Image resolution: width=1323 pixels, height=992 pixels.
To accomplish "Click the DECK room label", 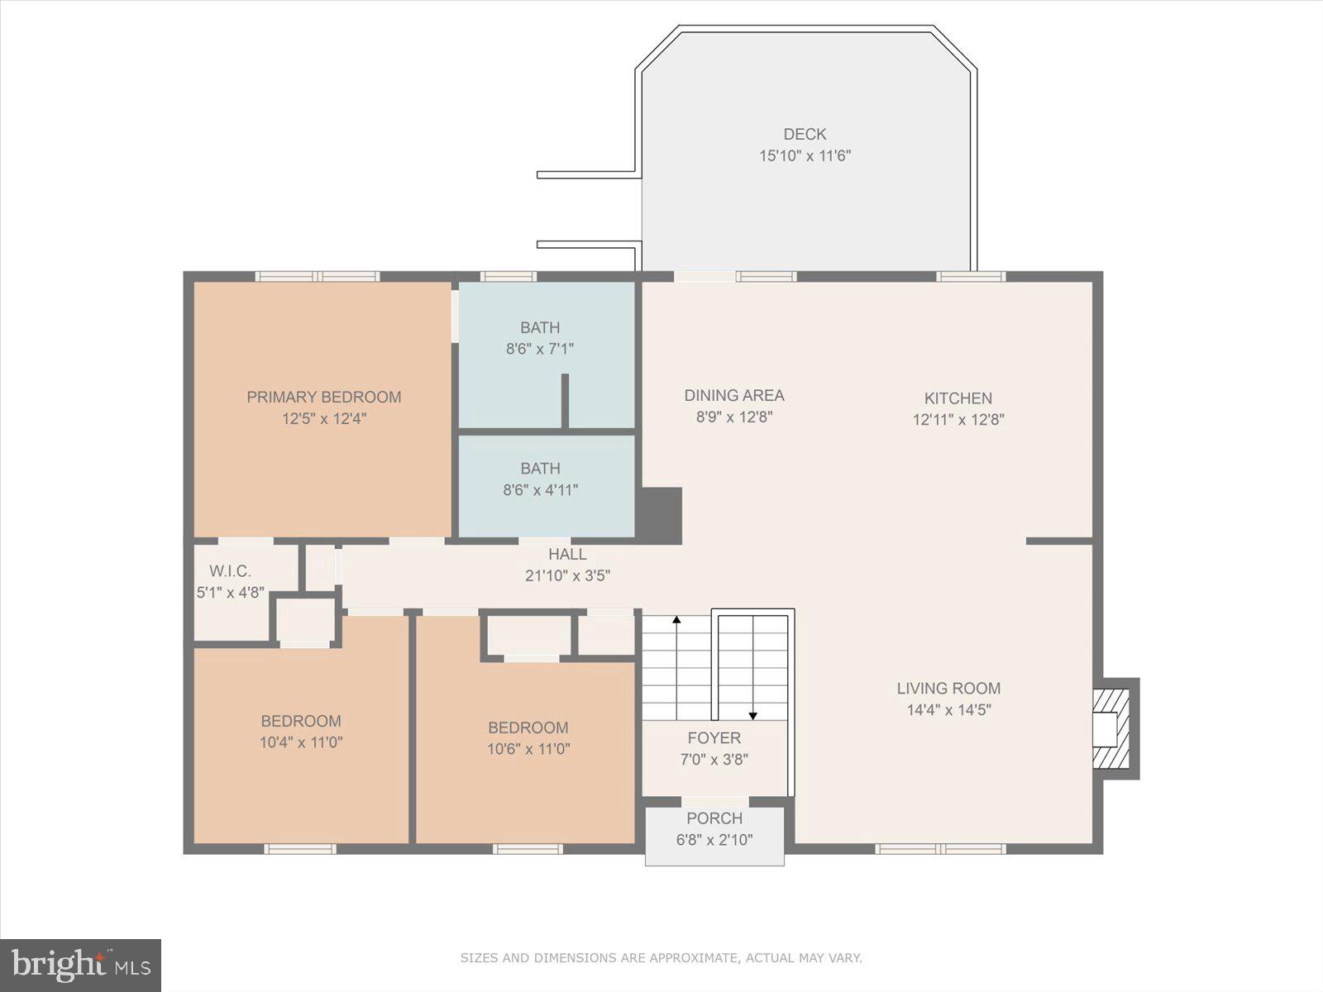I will click(805, 134).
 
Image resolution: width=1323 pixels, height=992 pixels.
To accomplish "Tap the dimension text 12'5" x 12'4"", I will click(323, 418).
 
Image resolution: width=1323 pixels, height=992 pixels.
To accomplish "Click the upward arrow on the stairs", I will click(676, 619).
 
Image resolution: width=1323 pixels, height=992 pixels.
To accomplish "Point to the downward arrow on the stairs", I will click(752, 715).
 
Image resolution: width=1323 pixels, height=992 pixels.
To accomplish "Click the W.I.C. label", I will click(230, 571).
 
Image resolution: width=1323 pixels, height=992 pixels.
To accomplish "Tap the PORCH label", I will click(714, 818).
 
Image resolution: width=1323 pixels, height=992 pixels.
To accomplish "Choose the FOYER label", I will click(714, 738).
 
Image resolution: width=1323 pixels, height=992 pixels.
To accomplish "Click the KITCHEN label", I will click(958, 398).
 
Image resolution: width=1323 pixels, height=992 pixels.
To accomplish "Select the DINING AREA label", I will click(733, 396).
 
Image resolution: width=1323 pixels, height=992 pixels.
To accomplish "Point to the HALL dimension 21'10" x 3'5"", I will click(567, 576).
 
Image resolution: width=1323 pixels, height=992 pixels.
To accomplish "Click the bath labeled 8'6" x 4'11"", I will click(541, 479).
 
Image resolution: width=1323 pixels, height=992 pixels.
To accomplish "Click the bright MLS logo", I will click(80, 965).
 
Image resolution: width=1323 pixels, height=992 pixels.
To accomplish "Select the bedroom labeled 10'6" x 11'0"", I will click(528, 738).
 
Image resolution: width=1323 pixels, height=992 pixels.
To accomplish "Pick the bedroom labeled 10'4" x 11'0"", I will click(301, 732).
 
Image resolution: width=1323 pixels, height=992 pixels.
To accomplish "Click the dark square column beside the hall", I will click(661, 515).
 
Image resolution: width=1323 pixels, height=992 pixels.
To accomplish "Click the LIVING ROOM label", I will click(948, 689).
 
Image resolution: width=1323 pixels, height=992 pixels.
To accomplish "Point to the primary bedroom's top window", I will click(318, 276).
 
